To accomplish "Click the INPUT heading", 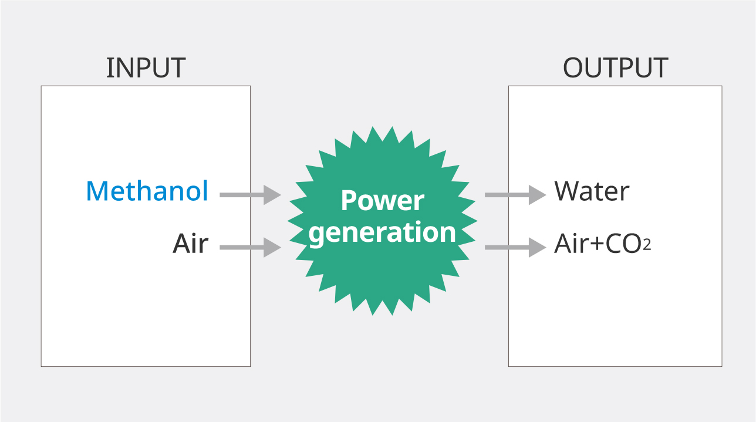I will click(x=146, y=68).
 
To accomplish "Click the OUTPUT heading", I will click(x=615, y=68).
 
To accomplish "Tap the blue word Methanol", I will click(x=147, y=191).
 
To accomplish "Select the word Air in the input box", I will click(x=190, y=243).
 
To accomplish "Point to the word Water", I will click(x=592, y=191).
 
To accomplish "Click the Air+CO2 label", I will click(x=602, y=244).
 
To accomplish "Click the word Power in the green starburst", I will click(x=382, y=201).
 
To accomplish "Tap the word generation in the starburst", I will click(x=382, y=233).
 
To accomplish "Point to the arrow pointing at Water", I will click(x=515, y=194).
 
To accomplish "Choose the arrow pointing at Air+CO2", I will click(x=515, y=247).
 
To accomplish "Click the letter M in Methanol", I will click(x=97, y=191).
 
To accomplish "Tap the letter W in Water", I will click(x=567, y=191).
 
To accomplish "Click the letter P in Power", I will click(x=348, y=201).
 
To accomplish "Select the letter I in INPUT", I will click(x=109, y=68).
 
